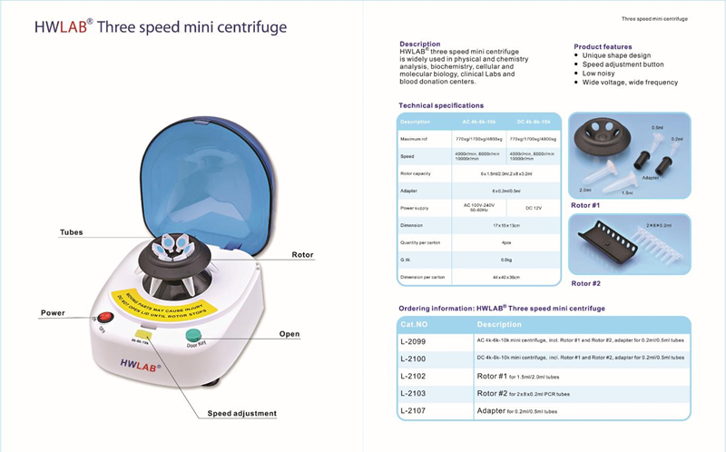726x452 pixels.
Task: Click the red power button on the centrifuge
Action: click(x=105, y=319)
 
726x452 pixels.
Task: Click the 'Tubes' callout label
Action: click(x=71, y=232)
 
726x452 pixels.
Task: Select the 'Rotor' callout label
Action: click(x=302, y=255)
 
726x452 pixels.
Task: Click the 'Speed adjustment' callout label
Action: click(x=240, y=414)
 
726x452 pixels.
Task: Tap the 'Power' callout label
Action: click(x=52, y=313)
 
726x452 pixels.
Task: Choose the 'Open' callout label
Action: click(x=289, y=334)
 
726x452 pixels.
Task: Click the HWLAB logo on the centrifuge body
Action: click(x=135, y=368)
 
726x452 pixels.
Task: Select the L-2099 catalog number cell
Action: click(x=414, y=341)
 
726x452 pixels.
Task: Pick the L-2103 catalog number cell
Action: click(x=414, y=393)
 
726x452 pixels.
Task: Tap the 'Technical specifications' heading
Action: click(x=441, y=105)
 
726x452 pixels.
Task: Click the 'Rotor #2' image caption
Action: click(x=586, y=283)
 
